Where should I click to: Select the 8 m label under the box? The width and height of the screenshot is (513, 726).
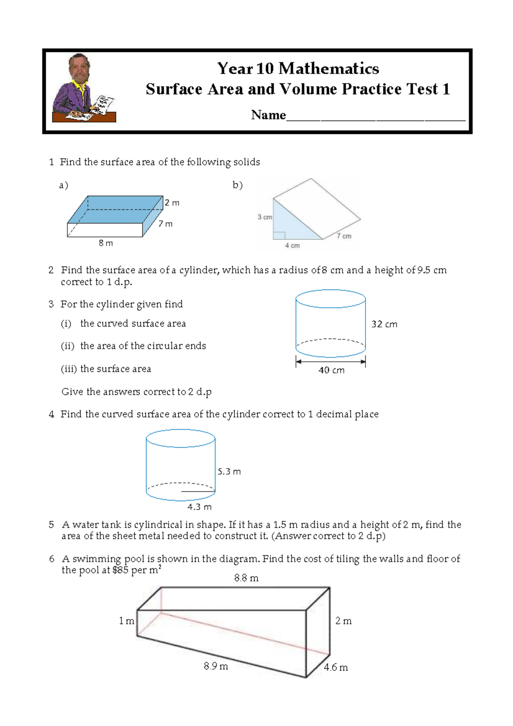click(106, 243)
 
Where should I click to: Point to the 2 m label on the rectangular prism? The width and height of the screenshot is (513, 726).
click(172, 203)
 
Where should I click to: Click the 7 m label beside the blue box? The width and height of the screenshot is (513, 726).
click(165, 224)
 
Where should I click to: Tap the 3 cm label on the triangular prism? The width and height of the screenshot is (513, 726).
click(265, 217)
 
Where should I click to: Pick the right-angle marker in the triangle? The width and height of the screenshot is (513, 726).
click(279, 235)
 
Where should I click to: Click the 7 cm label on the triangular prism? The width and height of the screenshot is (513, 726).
click(344, 236)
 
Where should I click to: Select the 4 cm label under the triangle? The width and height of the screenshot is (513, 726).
click(292, 245)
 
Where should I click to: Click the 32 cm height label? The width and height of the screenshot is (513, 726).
click(384, 324)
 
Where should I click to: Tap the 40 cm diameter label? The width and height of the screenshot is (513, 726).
click(331, 370)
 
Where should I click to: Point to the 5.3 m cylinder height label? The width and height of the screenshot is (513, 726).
click(229, 472)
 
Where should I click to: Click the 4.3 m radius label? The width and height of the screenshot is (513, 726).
click(199, 507)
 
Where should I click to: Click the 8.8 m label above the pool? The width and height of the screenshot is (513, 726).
click(246, 578)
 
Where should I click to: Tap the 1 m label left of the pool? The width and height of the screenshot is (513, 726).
click(127, 621)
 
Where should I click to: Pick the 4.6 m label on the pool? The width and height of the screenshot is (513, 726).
click(336, 667)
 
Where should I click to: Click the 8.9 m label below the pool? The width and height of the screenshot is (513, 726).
click(216, 666)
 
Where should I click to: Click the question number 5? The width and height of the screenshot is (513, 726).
click(51, 525)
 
